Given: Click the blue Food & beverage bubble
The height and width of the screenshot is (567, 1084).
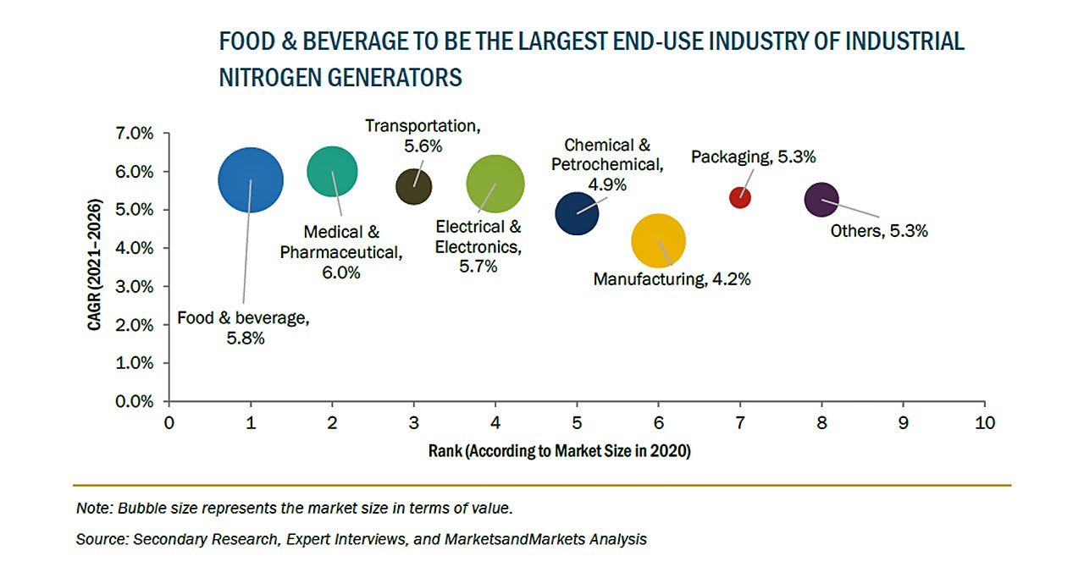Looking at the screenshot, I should click(x=251, y=179).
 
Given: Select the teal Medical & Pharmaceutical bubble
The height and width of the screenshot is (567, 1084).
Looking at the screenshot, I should click(x=332, y=171).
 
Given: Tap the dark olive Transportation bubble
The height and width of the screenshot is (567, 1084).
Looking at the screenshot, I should click(x=414, y=187).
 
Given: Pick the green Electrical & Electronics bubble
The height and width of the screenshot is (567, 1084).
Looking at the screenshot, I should click(x=495, y=184).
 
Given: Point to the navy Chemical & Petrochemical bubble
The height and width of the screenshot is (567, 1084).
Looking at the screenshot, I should click(x=577, y=212).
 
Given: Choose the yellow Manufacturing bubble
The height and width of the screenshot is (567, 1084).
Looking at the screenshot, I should click(x=658, y=240).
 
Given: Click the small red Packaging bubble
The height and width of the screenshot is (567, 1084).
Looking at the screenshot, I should click(x=740, y=197).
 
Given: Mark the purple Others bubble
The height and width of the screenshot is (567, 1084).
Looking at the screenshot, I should click(x=821, y=200).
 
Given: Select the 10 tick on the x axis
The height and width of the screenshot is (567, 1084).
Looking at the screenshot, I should click(x=984, y=421).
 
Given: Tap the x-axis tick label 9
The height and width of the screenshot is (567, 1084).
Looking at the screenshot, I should click(x=903, y=421).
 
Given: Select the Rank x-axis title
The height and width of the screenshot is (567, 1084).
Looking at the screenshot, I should click(x=560, y=451).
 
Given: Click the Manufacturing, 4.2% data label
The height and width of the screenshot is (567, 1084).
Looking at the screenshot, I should click(x=672, y=278).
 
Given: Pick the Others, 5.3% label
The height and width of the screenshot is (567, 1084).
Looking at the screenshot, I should click(x=880, y=230).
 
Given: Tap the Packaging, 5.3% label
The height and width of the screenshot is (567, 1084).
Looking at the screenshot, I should click(x=753, y=157).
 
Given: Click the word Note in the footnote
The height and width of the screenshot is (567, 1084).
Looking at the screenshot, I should click(x=93, y=508).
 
